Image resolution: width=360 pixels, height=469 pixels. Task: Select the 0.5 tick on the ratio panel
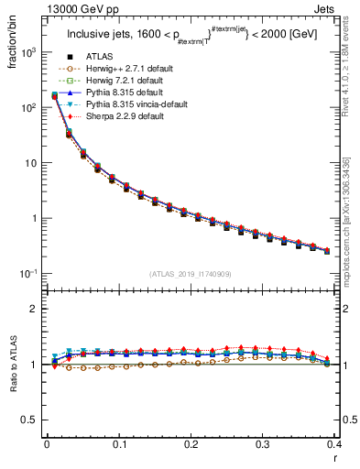pos(32,420)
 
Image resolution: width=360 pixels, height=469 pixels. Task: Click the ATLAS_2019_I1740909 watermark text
pos(191,274)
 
